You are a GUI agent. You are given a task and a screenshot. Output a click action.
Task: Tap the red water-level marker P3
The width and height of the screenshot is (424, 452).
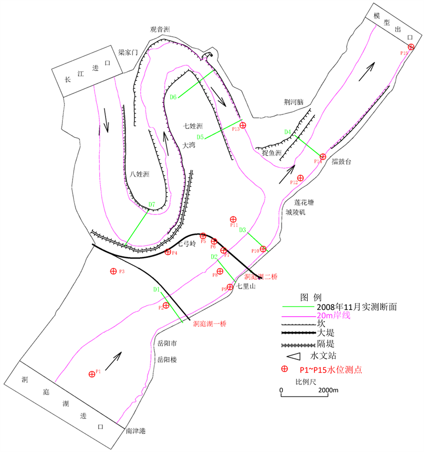[113, 271]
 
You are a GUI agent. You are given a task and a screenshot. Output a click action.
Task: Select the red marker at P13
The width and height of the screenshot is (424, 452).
[243, 126]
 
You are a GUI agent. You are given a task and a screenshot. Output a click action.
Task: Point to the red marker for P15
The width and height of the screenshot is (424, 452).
[411, 47]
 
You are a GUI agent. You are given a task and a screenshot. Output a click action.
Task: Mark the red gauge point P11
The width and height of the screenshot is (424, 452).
[233, 219]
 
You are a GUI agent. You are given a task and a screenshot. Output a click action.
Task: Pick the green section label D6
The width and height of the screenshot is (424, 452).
[173, 97]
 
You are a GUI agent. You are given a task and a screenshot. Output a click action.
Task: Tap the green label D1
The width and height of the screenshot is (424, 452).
[157, 290]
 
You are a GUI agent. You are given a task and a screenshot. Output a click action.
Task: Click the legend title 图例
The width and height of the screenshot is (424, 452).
[311, 296]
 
